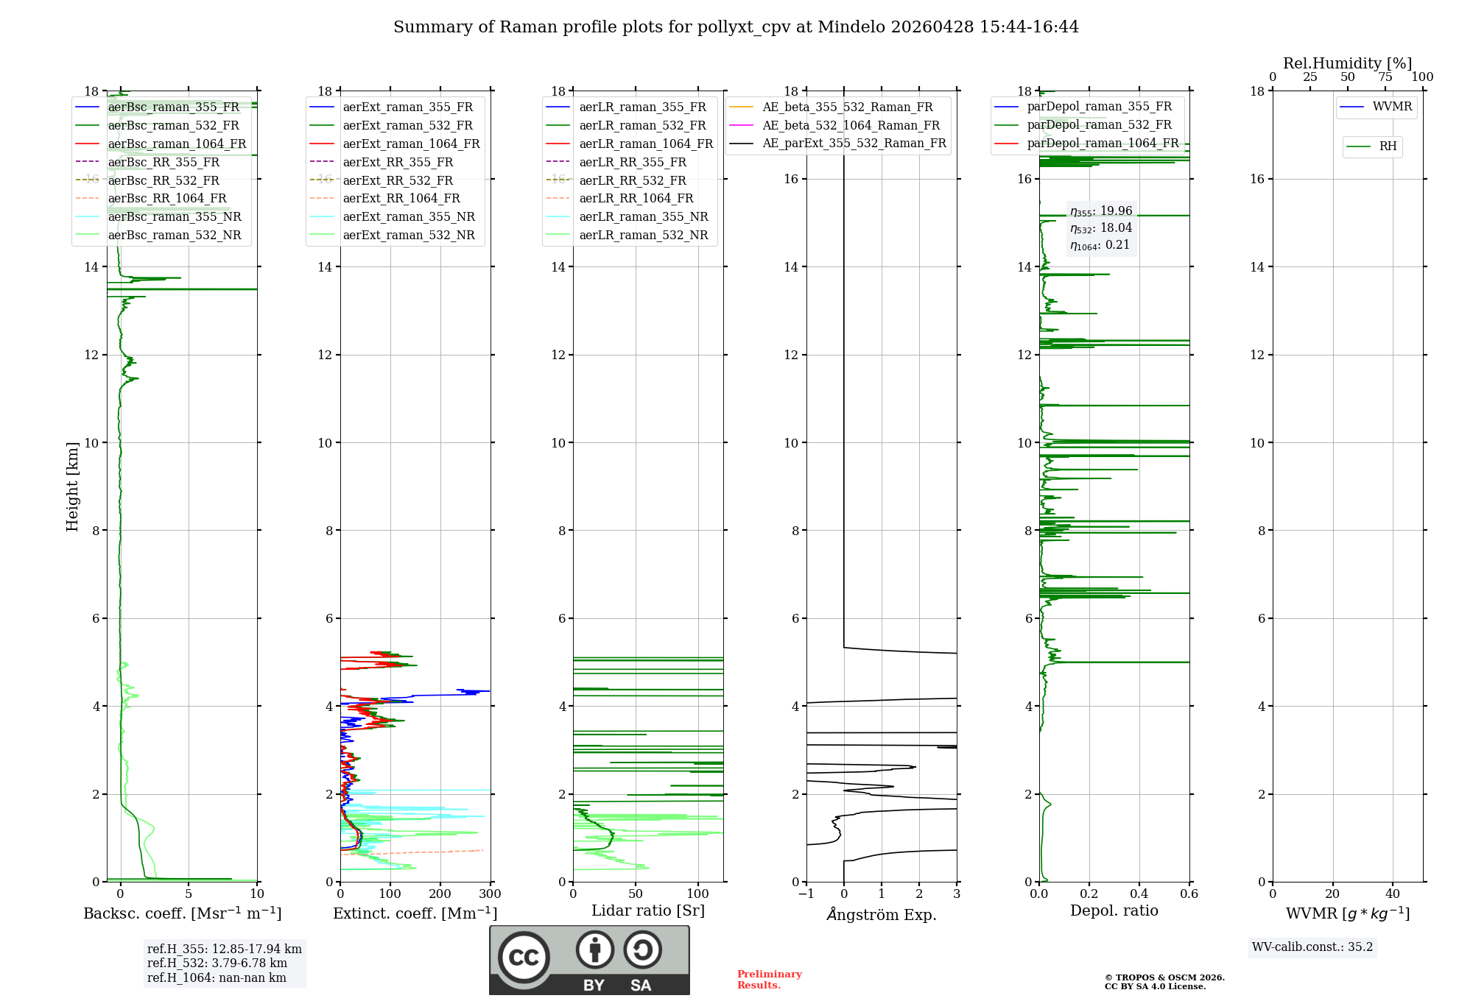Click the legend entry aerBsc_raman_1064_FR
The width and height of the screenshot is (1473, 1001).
coord(177,144)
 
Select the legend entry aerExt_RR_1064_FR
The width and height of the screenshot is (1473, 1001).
coord(401,199)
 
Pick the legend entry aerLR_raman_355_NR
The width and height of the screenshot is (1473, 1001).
coord(643,217)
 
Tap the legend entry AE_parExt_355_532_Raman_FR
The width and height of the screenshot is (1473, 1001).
coord(854,144)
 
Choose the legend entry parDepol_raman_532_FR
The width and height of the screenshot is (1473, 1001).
coord(1099,125)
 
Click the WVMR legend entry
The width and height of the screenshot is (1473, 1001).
coord(1392,107)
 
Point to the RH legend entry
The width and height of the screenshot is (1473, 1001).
coord(1388,146)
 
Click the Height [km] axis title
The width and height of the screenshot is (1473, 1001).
coord(72,487)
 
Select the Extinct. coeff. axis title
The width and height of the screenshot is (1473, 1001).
coord(415,913)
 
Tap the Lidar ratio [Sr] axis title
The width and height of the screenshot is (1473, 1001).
coord(648,910)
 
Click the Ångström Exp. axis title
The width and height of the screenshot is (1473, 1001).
coord(882,915)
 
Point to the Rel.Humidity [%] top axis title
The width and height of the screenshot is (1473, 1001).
coord(1347,63)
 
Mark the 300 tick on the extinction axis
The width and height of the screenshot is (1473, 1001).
coord(490,894)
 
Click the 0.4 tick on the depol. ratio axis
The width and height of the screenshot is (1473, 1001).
coord(1139,894)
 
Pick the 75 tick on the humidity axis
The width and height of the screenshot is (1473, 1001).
coord(1385,77)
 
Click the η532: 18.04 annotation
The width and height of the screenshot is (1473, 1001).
coord(1101,228)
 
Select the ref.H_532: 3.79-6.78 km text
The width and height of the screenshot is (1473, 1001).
coord(217,963)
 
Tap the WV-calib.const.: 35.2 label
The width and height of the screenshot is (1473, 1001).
coord(1312,947)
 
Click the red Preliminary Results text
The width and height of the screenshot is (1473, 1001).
coord(769,980)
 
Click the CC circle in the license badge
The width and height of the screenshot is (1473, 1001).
coord(524,958)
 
